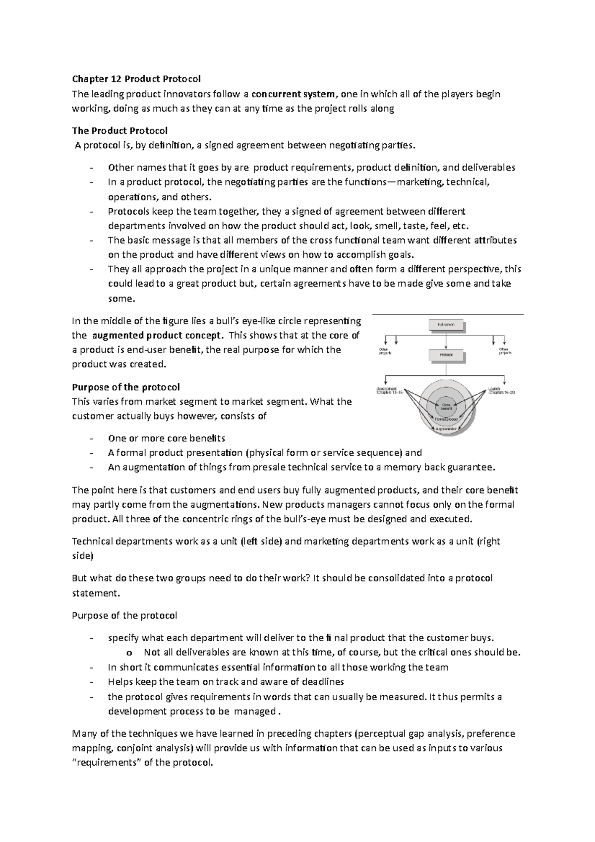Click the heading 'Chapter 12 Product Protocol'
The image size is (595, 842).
pos(136,79)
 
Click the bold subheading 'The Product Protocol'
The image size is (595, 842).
pos(120,131)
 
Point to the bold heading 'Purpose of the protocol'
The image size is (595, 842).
pos(126,387)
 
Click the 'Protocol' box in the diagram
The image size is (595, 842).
pos(446,355)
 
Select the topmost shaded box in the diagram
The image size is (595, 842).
pos(446,325)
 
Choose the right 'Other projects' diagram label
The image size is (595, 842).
pos(505,352)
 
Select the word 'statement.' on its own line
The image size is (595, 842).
pos(96,593)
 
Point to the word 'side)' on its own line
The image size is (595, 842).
pos(82,556)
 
